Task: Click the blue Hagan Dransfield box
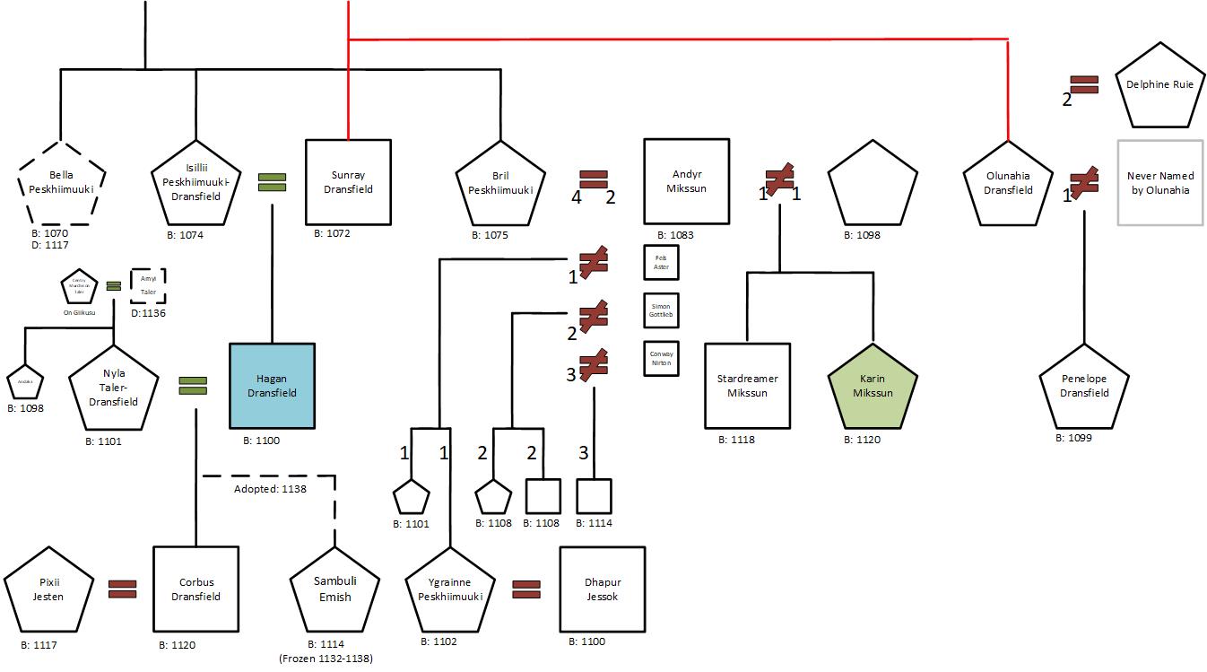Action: [x=272, y=386]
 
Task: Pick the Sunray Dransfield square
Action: [x=349, y=182]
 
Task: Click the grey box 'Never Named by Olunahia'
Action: [x=1159, y=182]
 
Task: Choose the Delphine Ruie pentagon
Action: [x=1159, y=85]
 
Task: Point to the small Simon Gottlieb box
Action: [x=662, y=310]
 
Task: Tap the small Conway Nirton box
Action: [x=662, y=358]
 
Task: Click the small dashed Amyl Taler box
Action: [x=148, y=285]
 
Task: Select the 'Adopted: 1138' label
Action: [x=270, y=489]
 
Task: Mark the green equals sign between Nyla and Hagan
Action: [x=192, y=386]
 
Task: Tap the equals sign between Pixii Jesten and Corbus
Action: [x=122, y=589]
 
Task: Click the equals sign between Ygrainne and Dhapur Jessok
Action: [x=525, y=589]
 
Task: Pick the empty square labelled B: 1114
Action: [x=594, y=496]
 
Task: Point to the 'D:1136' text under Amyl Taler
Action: [x=148, y=312]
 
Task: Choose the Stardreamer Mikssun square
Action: [x=747, y=386]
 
